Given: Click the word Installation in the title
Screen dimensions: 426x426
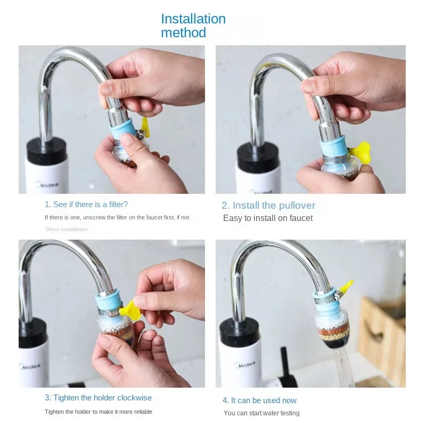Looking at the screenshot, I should tap(193, 19).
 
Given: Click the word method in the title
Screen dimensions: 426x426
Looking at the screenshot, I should tap(183, 33).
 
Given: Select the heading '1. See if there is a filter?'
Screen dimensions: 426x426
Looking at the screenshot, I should tap(86, 204).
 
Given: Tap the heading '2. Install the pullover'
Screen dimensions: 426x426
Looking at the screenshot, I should tap(268, 206).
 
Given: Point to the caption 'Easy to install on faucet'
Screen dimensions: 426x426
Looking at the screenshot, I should tap(268, 218).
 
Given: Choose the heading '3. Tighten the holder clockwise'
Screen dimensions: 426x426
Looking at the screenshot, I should tap(98, 398).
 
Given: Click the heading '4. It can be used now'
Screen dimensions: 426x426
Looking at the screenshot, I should tap(259, 400).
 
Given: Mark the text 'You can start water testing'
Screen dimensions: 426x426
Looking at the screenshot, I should tap(261, 413).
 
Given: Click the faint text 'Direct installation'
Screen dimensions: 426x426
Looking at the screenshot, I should tap(66, 230).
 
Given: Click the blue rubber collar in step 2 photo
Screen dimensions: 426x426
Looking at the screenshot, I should tap(334, 149).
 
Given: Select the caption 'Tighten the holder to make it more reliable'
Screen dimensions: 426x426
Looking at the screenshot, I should tap(99, 412).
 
